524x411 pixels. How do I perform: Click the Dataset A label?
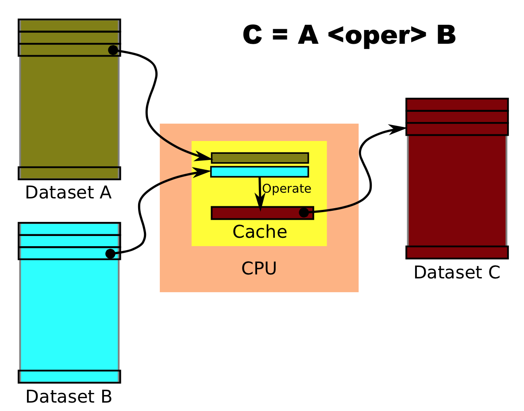[68, 193]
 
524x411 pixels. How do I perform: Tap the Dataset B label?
[69, 396]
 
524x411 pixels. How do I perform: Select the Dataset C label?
[457, 272]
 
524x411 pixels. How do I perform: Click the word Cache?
[260, 232]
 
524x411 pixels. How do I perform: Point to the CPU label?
[259, 269]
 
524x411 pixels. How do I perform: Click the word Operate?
[287, 189]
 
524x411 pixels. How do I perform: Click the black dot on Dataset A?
[113, 50]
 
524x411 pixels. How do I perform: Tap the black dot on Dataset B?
[111, 254]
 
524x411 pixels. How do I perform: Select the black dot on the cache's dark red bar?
[304, 213]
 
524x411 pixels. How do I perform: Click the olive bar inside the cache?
[260, 158]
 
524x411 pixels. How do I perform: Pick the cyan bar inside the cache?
[259, 171]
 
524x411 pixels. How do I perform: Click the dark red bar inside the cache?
[257, 213]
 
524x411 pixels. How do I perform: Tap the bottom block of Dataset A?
[69, 173]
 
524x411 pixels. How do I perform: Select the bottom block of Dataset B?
[69, 377]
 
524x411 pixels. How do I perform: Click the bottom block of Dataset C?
[457, 252]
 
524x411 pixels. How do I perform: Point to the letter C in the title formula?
[253, 35]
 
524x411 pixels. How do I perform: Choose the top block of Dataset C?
[457, 105]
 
